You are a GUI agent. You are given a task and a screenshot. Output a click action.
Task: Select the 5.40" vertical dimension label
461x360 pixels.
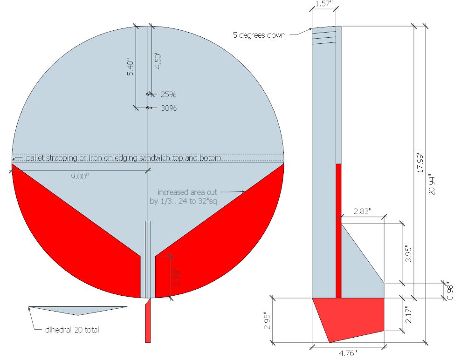pyautogui.click(x=130, y=68)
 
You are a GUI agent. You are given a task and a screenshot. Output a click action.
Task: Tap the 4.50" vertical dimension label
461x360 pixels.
pyautogui.click(x=158, y=61)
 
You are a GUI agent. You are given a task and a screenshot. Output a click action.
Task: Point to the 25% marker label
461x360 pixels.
pyautogui.click(x=168, y=94)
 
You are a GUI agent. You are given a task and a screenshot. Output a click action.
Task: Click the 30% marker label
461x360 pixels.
pyautogui.click(x=169, y=108)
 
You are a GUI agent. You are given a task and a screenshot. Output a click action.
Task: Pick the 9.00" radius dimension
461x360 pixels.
pyautogui.click(x=80, y=177)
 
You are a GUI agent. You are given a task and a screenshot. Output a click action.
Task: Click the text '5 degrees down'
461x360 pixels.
pyautogui.click(x=259, y=35)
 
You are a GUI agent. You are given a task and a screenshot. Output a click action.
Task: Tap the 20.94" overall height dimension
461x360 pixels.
pyautogui.click(x=431, y=185)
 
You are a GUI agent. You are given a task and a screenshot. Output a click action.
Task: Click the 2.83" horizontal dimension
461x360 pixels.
pyautogui.click(x=363, y=211)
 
